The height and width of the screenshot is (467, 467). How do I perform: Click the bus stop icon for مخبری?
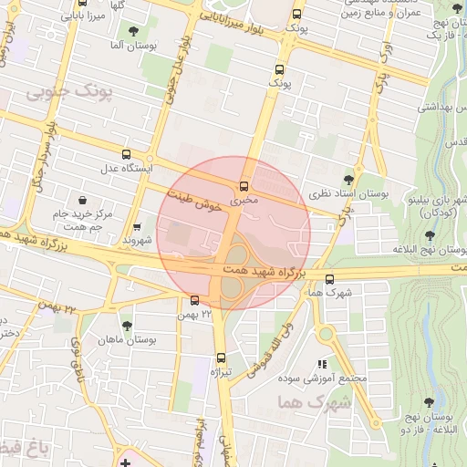[244, 187]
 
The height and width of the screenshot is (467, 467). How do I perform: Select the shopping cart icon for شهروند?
[137, 227]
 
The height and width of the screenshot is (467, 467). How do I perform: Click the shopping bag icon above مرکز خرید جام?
[83, 200]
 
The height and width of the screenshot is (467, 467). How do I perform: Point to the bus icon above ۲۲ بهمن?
[194, 300]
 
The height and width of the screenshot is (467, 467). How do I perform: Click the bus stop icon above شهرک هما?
[329, 279]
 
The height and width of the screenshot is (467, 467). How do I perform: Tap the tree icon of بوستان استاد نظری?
[348, 179]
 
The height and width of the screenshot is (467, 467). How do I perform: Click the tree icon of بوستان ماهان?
[126, 325]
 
